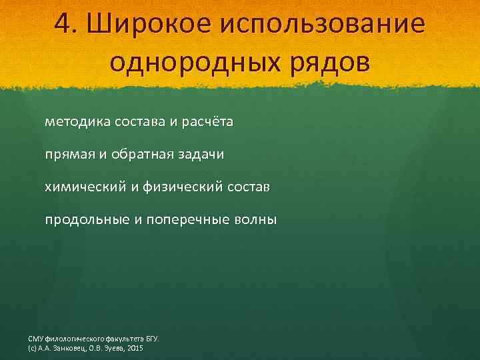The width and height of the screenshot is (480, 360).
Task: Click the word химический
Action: click(87, 187)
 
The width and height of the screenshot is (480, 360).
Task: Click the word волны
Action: click(254, 220)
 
